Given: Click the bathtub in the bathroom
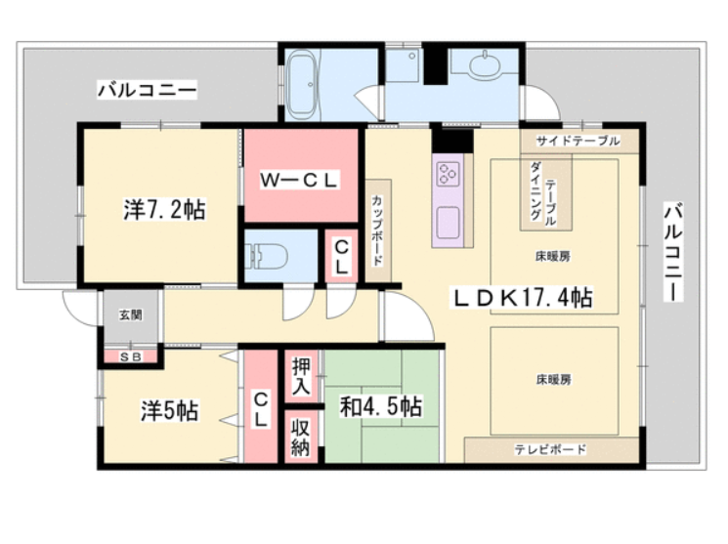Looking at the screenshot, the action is [302, 84].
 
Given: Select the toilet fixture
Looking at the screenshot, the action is [267, 256].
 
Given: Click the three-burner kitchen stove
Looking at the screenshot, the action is [448, 173].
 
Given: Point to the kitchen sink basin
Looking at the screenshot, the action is [448, 224].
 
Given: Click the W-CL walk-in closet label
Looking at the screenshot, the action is [299, 180].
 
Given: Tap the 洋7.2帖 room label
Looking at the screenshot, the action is [164, 209].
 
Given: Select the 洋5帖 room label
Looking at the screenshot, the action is [170, 411].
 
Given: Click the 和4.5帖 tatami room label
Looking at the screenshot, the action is [381, 406].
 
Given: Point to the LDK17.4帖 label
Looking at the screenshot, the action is [523, 298].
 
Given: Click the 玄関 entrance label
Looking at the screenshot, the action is [131, 315].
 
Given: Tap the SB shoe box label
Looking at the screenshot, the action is [131, 356].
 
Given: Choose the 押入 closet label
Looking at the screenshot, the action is [301, 376].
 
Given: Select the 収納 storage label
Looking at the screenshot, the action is [300, 438].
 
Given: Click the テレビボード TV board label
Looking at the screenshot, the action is [550, 449].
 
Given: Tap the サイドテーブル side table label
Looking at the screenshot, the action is [578, 141].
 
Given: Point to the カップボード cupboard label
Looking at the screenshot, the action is [377, 230].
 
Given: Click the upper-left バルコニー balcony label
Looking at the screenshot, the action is [148, 89].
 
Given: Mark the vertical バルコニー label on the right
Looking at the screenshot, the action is [672, 252].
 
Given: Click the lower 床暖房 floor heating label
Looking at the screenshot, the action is [553, 380].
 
